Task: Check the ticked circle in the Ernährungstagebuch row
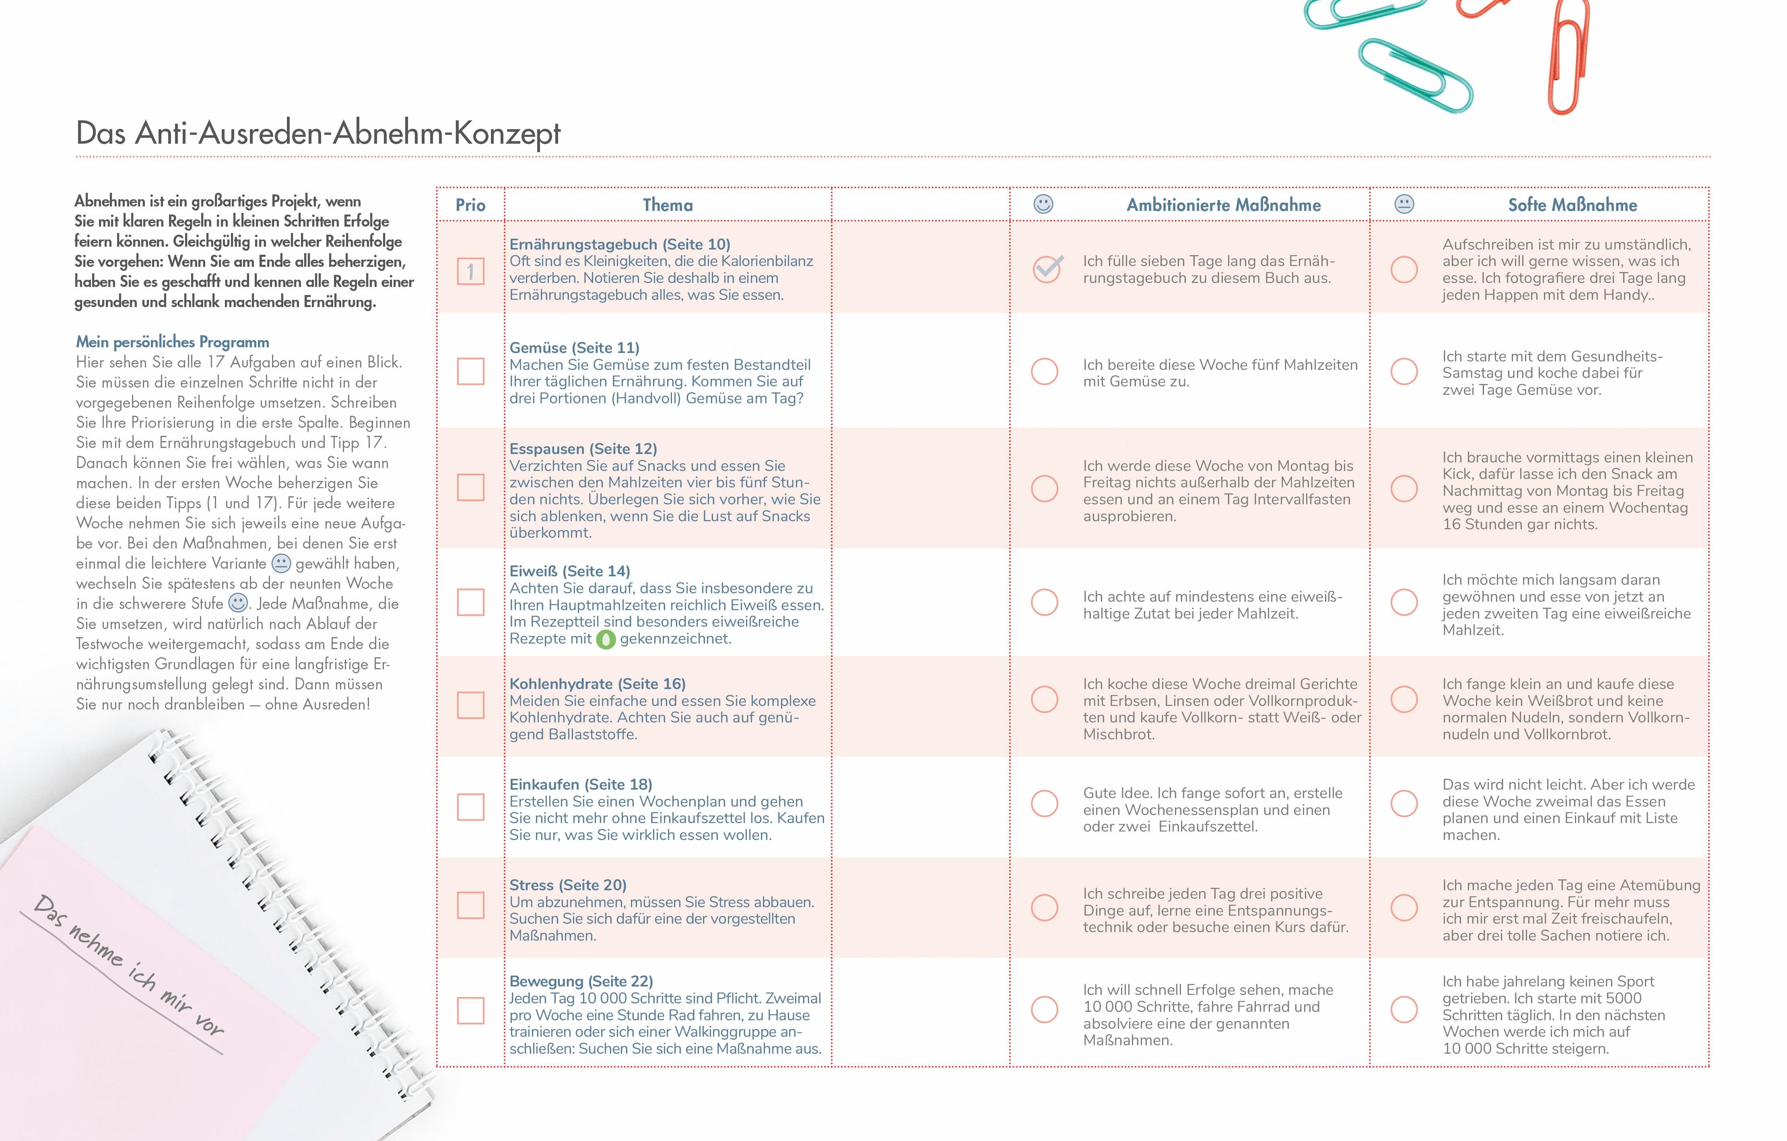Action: [1046, 269]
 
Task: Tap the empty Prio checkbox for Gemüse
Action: [470, 371]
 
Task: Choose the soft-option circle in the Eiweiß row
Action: [1404, 602]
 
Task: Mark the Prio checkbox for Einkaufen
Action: [470, 807]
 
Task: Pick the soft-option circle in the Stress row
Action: [1404, 907]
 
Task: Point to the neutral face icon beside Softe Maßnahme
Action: [1404, 204]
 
